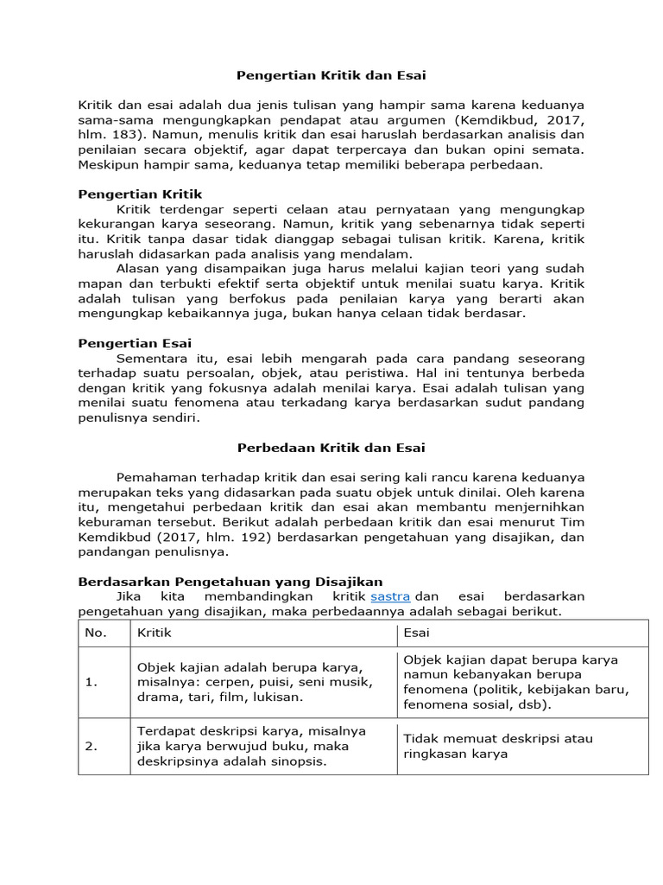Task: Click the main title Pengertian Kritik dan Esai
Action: tap(331, 75)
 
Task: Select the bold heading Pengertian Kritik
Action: tap(140, 194)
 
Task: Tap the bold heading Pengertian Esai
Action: tap(135, 343)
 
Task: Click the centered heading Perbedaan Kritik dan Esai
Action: tap(331, 448)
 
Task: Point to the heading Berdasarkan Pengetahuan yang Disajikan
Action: tap(230, 582)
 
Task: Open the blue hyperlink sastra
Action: tap(390, 596)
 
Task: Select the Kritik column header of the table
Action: tap(155, 633)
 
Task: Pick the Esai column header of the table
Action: tap(416, 633)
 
